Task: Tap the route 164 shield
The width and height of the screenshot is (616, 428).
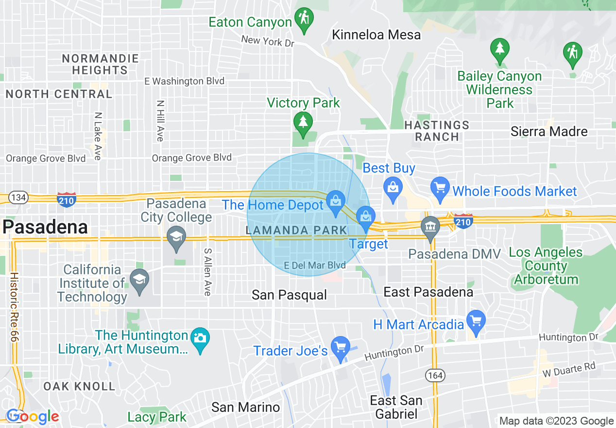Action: point(434,374)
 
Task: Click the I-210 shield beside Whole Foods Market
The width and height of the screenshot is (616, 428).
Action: point(463,221)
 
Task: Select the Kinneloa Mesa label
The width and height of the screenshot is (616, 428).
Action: point(376,35)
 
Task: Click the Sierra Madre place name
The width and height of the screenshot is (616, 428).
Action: point(549,131)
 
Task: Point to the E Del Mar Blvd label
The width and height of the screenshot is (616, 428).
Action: point(315,266)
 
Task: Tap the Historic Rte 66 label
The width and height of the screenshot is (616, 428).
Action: point(14,307)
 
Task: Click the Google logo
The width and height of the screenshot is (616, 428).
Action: point(33,417)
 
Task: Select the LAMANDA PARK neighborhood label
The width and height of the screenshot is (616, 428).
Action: point(297,230)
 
